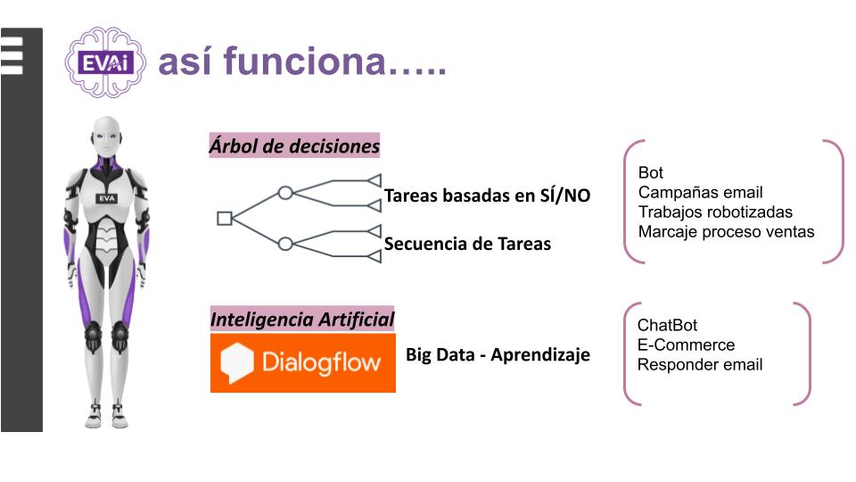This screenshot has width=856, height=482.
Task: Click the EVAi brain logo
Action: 105,62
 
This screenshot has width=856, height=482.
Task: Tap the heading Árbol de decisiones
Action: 294,145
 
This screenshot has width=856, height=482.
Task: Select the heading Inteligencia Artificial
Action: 302,320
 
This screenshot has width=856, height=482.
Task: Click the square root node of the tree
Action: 225,218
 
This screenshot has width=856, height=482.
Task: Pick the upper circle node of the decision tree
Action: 285,193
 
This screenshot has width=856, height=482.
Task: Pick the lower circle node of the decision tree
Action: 285,244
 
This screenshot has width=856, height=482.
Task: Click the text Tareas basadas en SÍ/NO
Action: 487,195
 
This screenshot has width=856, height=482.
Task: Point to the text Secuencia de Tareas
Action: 467,244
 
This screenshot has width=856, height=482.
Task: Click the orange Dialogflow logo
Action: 303,363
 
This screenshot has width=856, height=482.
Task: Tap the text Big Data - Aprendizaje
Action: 498,354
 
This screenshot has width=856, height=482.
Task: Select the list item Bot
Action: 651,172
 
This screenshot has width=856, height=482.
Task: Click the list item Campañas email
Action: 701,193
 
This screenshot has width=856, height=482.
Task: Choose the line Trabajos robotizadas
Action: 715,212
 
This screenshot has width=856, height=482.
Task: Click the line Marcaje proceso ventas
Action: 726,232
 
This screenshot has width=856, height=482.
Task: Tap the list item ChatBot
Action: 667,325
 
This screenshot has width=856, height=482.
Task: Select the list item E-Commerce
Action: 686,345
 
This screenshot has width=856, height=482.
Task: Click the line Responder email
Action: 700,364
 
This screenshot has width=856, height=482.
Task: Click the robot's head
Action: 106,137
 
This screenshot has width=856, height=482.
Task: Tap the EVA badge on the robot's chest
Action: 107,198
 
